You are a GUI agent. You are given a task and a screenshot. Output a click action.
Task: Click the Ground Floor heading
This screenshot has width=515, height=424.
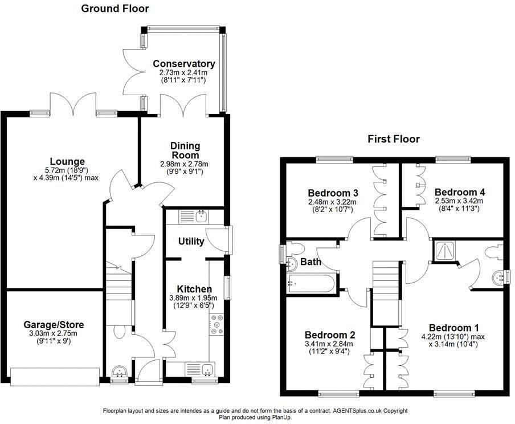[115, 9]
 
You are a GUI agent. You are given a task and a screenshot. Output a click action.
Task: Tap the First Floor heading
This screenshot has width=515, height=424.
[394, 139]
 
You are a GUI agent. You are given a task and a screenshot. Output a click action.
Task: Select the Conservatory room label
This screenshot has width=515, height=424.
[184, 63]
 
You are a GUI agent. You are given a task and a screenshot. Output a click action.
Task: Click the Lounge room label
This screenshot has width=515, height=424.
[67, 161]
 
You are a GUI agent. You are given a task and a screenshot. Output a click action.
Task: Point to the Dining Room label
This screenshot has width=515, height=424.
[185, 150]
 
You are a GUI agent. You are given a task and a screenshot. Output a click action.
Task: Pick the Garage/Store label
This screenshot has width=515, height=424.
[54, 325]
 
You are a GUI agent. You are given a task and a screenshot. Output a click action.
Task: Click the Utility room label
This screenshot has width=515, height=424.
[191, 242]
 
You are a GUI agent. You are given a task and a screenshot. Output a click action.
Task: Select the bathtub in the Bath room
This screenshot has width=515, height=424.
[310, 284]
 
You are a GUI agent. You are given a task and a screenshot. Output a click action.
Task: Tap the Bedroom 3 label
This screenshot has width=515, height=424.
[333, 193]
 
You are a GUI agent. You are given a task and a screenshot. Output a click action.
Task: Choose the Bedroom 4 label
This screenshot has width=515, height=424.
[460, 192]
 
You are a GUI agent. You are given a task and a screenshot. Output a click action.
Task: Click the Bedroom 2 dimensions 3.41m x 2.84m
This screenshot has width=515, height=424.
[329, 344]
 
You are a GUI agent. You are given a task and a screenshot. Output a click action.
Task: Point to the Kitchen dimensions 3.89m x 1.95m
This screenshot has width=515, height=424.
[193, 298]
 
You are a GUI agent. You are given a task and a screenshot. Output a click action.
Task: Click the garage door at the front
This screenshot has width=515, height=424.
[55, 377]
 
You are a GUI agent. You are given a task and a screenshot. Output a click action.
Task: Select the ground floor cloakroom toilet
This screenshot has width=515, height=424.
[118, 332]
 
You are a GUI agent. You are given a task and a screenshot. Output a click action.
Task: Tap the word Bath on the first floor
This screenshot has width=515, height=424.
[310, 262]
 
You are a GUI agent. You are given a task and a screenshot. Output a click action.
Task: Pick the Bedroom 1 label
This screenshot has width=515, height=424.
[453, 328]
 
